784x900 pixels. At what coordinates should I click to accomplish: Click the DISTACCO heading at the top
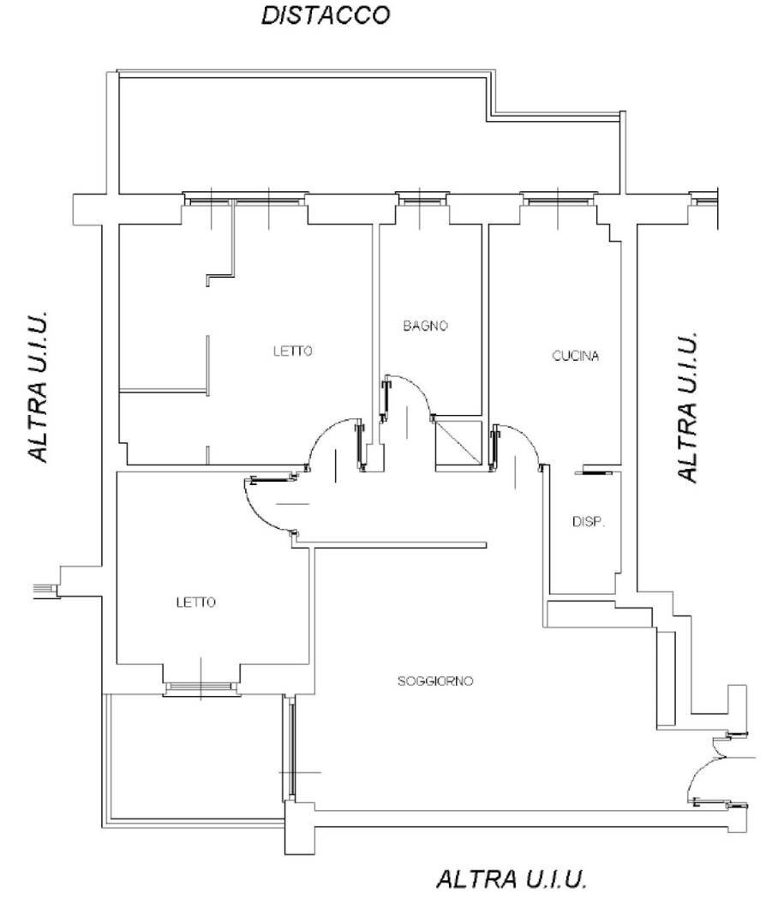tap(326, 15)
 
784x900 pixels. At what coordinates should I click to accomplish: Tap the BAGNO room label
tap(425, 326)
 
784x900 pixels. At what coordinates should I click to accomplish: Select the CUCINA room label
tap(576, 356)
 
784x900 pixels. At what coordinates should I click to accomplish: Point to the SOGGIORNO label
tap(435, 681)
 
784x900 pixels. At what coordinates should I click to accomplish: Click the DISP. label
tap(589, 522)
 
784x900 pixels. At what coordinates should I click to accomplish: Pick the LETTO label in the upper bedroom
tap(293, 351)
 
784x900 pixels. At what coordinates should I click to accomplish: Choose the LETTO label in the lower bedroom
tap(195, 602)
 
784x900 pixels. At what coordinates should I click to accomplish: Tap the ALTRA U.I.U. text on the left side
tap(38, 387)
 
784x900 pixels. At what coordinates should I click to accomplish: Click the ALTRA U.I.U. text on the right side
tap(687, 406)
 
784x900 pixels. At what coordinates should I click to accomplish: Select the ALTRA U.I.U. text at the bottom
tap(512, 879)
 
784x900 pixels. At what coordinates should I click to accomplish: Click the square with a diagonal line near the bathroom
tap(458, 443)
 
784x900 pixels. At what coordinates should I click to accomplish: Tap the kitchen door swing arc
tap(524, 436)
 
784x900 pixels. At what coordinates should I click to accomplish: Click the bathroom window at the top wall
tap(421, 199)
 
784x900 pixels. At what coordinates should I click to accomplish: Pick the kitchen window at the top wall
tap(558, 199)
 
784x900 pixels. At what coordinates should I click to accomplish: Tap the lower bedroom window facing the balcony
tap(200, 687)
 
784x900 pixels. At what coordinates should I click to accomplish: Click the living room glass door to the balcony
tap(290, 748)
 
